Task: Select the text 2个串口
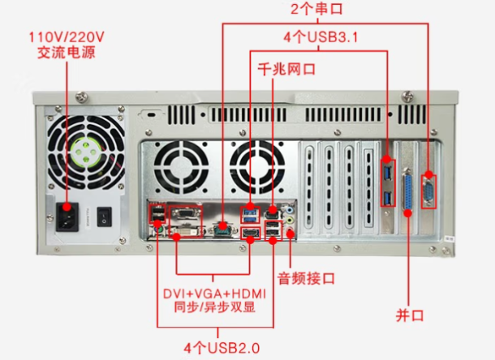[318, 11]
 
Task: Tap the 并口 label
[409, 314]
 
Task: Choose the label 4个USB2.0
[217, 349]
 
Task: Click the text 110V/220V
[67, 37]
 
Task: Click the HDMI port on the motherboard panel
[249, 236]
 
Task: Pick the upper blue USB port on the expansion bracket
[387, 173]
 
